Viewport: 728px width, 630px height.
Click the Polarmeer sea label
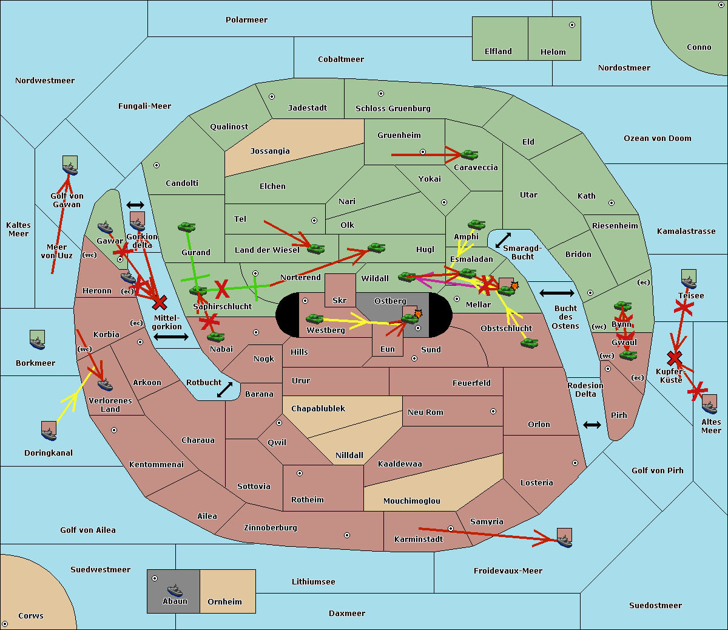coord(246,20)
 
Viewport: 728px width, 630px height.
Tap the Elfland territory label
coord(498,52)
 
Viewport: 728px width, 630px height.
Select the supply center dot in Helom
coord(571,25)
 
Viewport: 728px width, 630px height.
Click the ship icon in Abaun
coord(175,590)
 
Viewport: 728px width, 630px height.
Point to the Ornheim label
coord(224,602)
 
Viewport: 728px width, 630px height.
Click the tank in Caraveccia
coord(469,155)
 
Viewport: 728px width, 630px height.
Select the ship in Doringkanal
coord(49,431)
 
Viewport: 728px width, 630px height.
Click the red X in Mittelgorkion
coord(160,303)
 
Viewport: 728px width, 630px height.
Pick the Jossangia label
coord(270,151)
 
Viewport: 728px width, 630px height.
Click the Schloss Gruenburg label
coord(393,109)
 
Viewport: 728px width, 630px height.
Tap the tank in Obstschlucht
coord(529,343)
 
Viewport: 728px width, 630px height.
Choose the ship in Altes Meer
coord(709,404)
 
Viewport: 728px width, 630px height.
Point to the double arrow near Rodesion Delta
coord(592,425)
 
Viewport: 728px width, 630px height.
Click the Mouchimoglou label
coord(411,501)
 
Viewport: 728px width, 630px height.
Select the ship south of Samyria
coord(564,538)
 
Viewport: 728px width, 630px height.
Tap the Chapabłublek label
coord(318,409)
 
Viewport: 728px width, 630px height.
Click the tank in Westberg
coord(314,318)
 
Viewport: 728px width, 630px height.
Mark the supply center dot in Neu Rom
coord(493,411)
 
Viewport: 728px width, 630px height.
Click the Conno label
coord(699,47)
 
